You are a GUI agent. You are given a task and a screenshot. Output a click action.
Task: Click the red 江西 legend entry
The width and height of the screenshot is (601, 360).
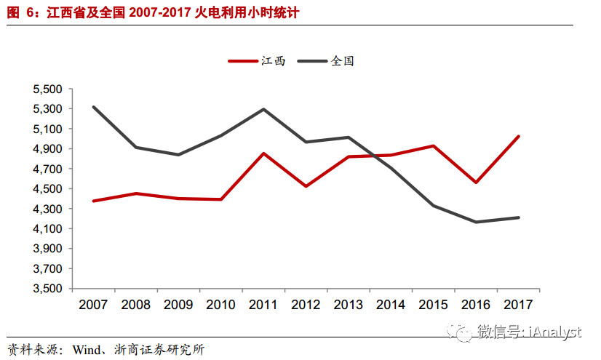tap(256, 62)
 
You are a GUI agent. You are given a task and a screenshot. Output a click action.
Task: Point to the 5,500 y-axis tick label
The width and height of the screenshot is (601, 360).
tap(49, 89)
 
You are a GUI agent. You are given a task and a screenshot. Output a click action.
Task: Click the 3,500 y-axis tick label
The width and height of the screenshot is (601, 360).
tap(49, 289)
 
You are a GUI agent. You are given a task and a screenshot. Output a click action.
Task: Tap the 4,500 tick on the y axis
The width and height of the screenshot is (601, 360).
tap(49, 189)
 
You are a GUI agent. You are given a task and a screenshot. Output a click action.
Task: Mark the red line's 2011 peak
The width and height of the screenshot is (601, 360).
tap(263, 153)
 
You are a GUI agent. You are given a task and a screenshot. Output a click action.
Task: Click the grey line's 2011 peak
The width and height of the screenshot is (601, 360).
tap(263, 109)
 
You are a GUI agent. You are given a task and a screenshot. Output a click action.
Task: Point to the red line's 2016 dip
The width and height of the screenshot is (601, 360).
tap(476, 183)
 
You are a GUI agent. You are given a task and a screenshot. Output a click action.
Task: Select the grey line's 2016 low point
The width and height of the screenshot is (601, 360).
tap(476, 222)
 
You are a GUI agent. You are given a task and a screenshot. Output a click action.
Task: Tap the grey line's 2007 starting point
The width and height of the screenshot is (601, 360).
tap(93, 107)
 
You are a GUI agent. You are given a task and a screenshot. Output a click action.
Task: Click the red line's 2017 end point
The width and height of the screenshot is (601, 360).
tap(518, 136)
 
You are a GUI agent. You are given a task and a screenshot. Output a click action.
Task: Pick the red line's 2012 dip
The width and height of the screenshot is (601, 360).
tap(306, 186)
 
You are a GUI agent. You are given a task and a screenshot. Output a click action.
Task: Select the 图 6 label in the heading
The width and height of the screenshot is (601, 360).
tap(18, 13)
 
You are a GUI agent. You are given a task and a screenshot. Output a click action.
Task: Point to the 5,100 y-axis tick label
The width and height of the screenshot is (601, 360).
tap(49, 129)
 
